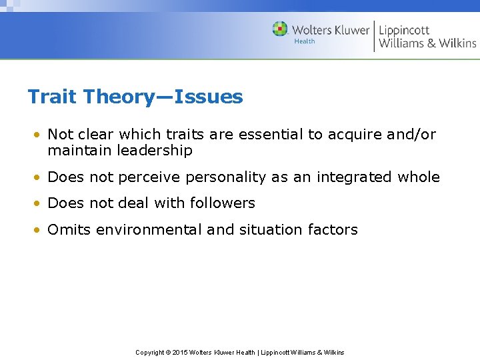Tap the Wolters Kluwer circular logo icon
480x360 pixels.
coord(280,29)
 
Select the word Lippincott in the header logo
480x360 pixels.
coord(404,30)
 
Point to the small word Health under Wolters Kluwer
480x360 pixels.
coord(305,41)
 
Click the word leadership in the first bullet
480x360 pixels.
coord(155,151)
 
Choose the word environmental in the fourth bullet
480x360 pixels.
coord(149,230)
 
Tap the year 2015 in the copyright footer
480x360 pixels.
coord(180,352)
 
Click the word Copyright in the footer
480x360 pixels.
coord(149,352)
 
